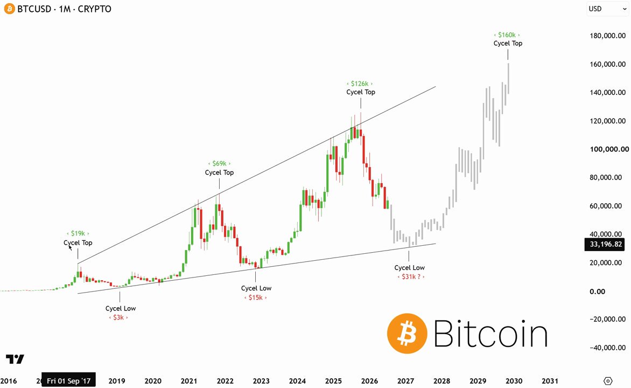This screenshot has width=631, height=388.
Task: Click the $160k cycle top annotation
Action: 507,35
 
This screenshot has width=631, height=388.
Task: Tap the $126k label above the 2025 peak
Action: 359,84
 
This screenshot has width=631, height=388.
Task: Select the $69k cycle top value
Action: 219,164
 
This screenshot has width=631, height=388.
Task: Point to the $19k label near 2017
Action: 78,233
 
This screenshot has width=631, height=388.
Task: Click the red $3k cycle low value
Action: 118,317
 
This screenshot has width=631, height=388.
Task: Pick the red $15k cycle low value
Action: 256,297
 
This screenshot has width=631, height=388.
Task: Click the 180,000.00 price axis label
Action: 608,36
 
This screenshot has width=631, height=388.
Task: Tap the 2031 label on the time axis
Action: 550,381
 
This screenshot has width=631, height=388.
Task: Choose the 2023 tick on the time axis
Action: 261,381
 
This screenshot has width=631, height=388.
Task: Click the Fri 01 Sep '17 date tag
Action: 68,380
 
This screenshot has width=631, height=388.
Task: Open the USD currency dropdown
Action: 607,9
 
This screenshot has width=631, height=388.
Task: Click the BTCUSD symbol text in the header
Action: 34,9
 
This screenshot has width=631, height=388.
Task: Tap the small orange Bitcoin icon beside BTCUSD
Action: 9,9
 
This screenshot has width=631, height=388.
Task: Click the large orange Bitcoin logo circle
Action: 407,334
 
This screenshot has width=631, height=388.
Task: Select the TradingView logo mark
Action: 15,359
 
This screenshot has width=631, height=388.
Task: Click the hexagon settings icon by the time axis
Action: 608,381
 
